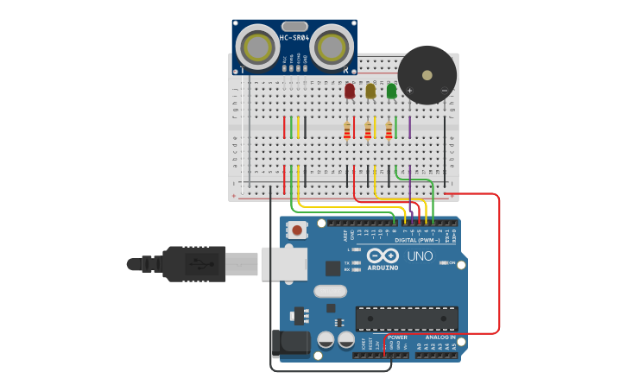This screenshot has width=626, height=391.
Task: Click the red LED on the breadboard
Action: tap(349, 91)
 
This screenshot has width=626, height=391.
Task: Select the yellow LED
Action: tap(370, 91)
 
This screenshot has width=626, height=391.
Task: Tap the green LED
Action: tap(391, 91)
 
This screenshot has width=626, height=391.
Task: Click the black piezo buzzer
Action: tap(427, 76)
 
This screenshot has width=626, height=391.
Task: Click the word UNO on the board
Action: tap(420, 256)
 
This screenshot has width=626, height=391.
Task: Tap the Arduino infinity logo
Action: tap(382, 255)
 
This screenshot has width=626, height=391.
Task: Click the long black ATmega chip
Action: tap(407, 318)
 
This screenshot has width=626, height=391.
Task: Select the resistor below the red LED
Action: tap(347, 130)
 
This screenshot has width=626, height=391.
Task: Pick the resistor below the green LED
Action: tap(389, 130)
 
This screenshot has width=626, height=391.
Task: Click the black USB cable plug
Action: tap(195, 264)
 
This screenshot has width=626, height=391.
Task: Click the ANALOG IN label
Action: tap(438, 337)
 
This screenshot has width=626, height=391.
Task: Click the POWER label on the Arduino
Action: tap(397, 337)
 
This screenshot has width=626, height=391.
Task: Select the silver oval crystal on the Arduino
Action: tap(329, 292)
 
